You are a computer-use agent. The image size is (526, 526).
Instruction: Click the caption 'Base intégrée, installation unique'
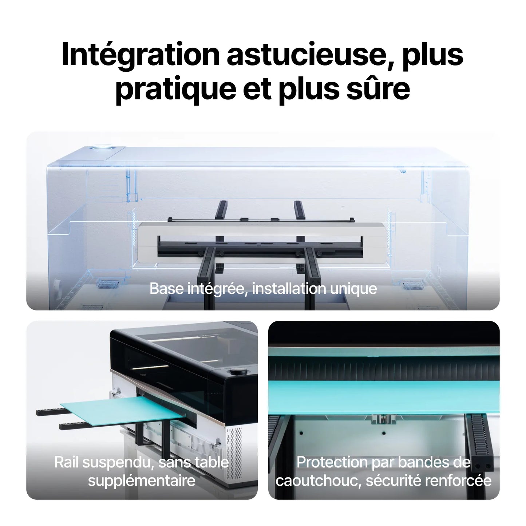(263, 289)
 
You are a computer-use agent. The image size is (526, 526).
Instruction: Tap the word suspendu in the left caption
(118, 462)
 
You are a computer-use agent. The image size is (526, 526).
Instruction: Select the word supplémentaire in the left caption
(142, 480)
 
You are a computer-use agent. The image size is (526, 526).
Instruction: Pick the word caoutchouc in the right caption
(319, 480)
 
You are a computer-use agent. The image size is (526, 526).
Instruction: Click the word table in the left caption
(212, 462)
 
